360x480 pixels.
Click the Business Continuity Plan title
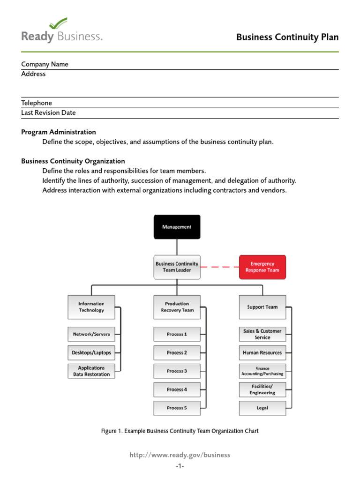(287, 37)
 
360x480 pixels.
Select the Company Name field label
(45, 64)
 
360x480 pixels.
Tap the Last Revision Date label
(48, 112)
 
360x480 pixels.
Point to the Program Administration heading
(59, 132)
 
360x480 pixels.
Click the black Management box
(177, 227)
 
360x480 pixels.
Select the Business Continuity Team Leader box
(177, 267)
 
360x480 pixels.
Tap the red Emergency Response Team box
(262, 267)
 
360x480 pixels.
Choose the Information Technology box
(91, 307)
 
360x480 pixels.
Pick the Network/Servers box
(91, 334)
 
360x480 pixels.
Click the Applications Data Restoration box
(91, 371)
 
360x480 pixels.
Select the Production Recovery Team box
(177, 307)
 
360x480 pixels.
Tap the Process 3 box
(177, 371)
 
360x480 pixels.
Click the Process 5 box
(177, 408)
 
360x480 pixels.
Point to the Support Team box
(262, 307)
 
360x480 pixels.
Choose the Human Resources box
(262, 352)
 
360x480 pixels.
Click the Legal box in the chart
(262, 408)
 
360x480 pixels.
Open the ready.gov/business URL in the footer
(180, 455)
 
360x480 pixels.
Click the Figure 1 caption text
(180, 431)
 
